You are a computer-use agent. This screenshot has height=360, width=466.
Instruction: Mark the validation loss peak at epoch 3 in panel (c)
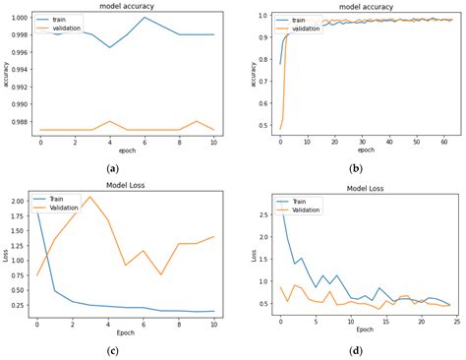coord(90,197)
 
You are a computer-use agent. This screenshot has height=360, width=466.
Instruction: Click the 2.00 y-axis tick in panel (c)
coord(17,200)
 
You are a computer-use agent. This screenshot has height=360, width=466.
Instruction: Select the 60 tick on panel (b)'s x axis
coord(441,145)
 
